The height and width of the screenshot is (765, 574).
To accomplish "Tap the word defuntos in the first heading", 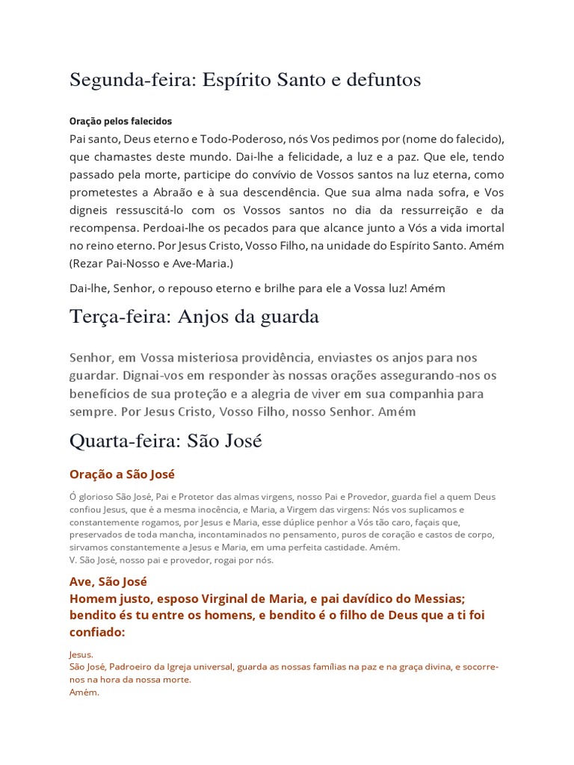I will click(380, 81).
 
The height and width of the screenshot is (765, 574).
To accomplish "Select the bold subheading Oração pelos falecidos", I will click(120, 121).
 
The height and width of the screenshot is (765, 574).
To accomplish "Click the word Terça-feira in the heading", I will click(118, 318).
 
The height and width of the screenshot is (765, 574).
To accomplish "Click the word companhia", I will click(396, 393).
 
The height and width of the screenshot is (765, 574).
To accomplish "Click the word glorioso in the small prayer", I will click(99, 497).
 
